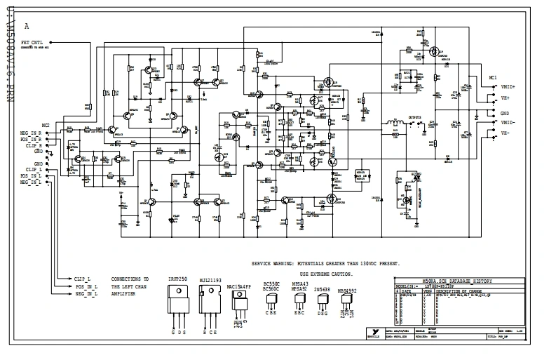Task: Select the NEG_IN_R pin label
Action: point(30,132)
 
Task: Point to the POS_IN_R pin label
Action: point(30,138)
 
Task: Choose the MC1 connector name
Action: point(493,77)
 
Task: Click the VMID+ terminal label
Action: point(508,86)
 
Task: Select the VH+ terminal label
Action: point(505,100)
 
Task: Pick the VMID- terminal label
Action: point(508,122)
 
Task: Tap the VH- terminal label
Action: point(505,132)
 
